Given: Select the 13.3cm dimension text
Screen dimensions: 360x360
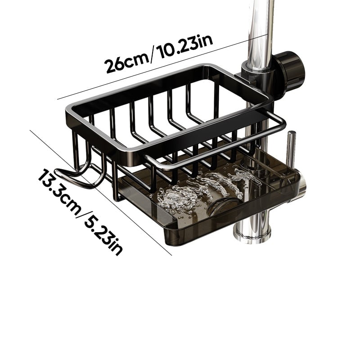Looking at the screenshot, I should pos(58,191).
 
